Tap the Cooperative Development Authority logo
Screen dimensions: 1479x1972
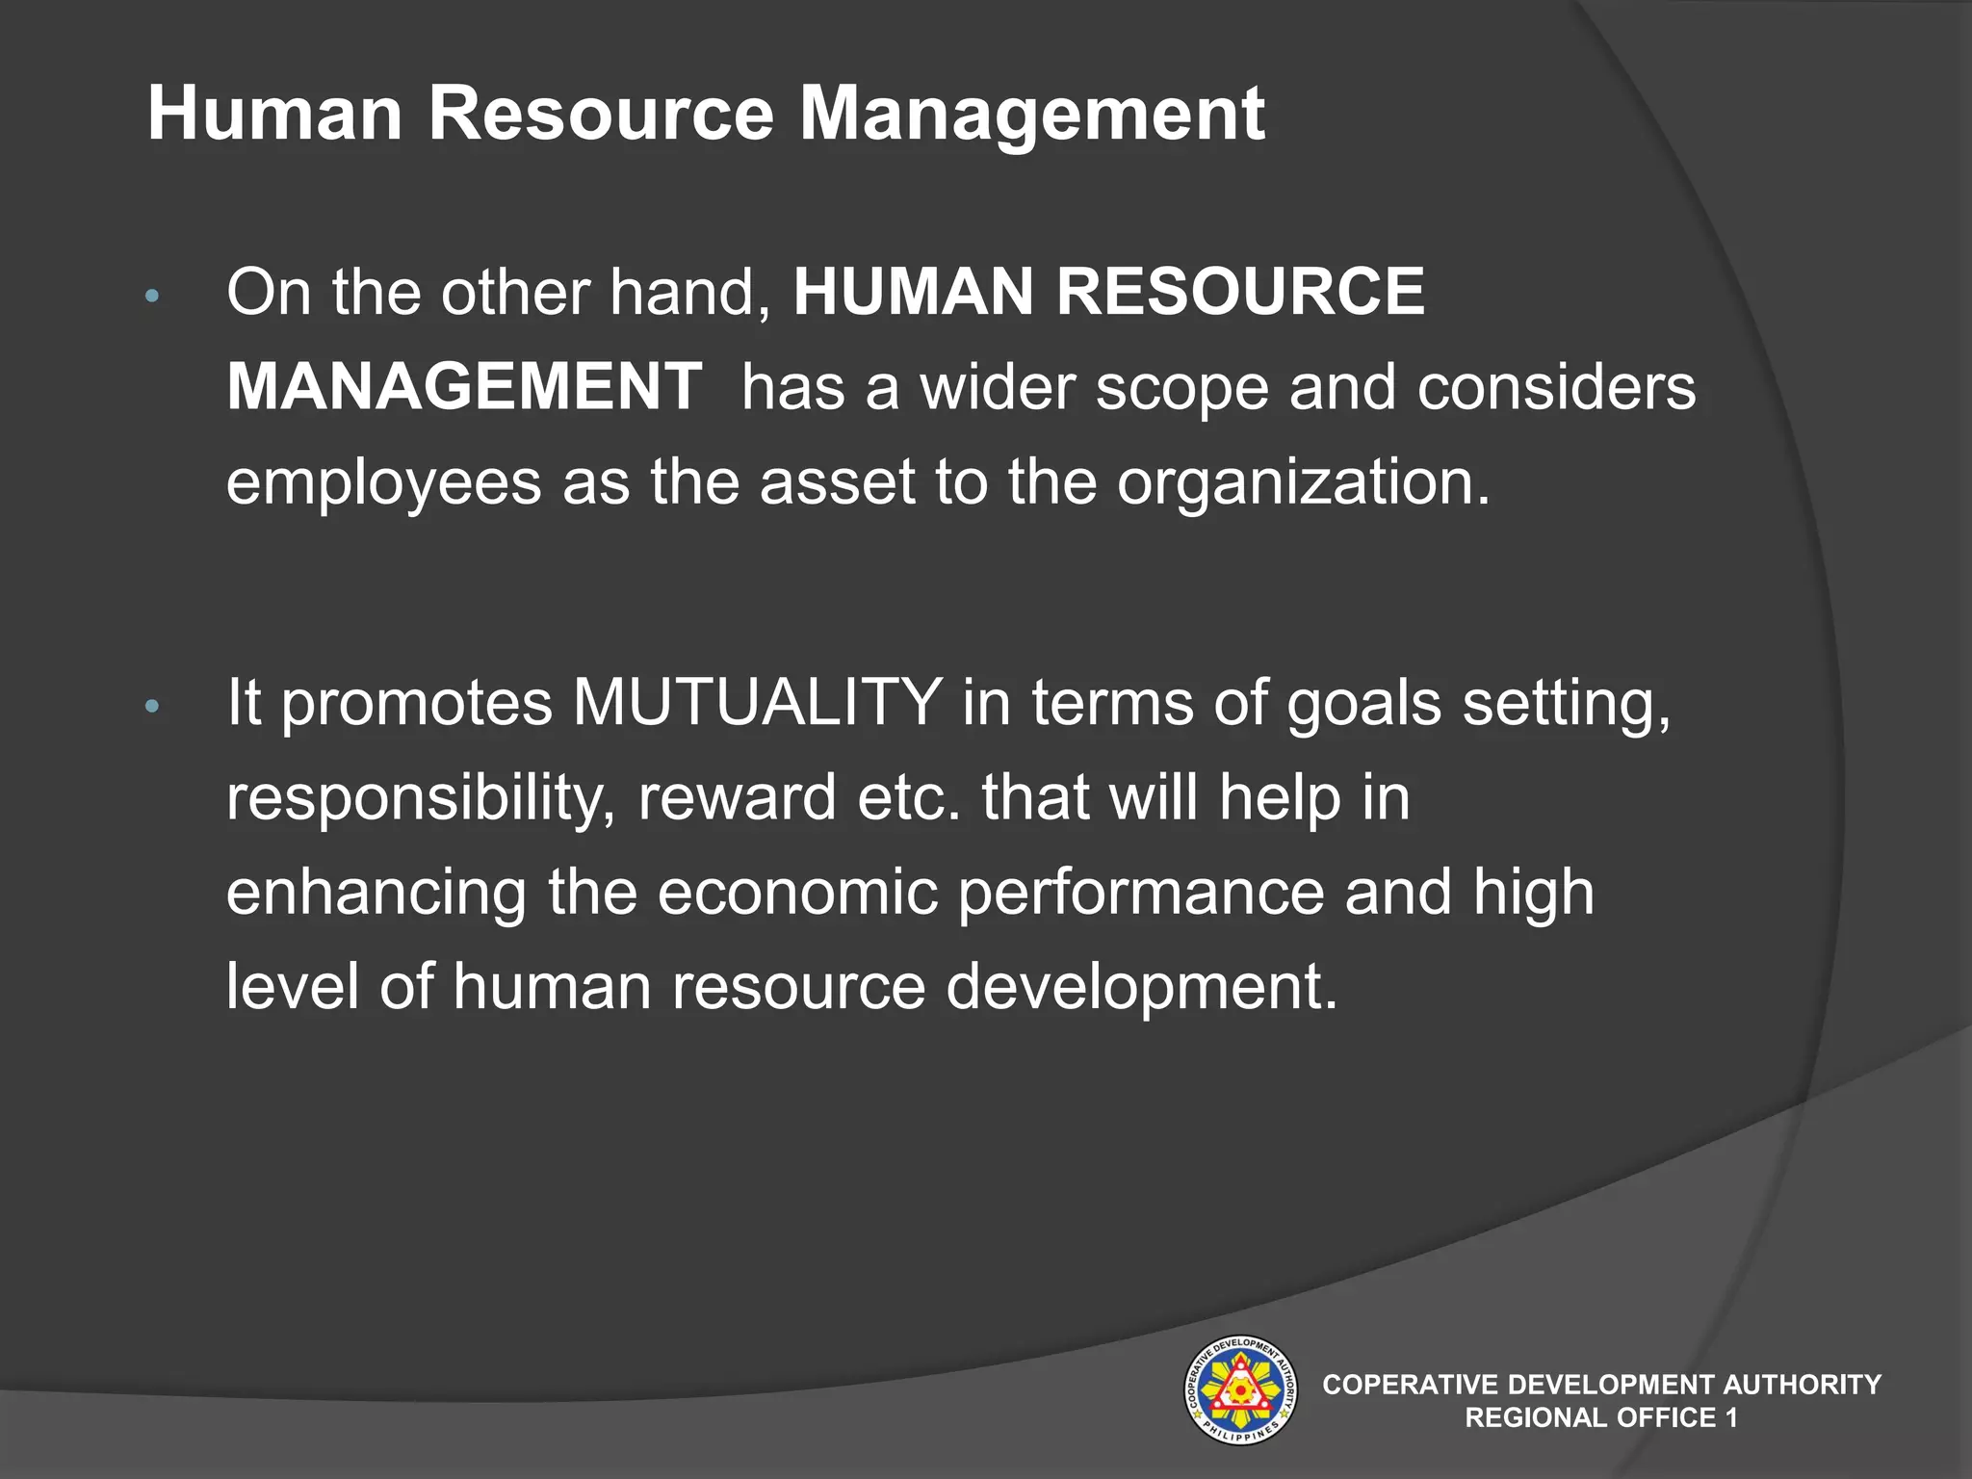1239,1390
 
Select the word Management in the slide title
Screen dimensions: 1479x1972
1031,114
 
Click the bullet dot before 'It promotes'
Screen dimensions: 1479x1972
151,708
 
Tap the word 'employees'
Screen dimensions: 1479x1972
383,482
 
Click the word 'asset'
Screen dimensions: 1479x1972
837,482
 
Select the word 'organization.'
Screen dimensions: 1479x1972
1303,482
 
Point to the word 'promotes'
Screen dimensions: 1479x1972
417,704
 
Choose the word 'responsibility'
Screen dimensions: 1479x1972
421,799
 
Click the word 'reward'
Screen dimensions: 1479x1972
737,797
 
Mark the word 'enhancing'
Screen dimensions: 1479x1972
376,894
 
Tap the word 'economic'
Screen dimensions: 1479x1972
797,892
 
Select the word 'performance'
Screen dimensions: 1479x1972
1141,894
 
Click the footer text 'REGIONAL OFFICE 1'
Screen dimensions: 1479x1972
1601,1417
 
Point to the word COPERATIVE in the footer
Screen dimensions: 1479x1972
1410,1385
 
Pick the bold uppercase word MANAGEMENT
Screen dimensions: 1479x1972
464,387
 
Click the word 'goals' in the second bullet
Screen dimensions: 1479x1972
1364,704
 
